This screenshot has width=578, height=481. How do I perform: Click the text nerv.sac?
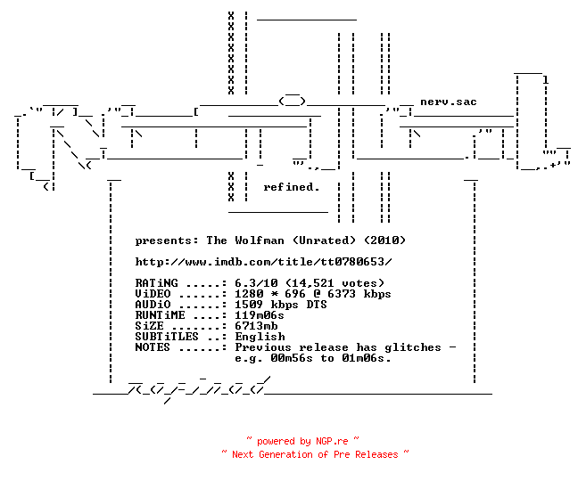coord(449,102)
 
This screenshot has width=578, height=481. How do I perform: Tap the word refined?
coord(291,187)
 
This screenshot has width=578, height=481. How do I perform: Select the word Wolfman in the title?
coord(260,240)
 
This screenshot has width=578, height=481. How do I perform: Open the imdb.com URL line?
coord(263,262)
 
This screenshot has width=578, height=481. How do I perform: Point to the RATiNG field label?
coord(156,283)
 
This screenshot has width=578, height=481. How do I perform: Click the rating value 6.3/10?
coord(256,283)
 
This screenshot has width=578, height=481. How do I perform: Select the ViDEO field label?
coord(153,294)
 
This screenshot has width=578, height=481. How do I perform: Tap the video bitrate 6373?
coord(342,294)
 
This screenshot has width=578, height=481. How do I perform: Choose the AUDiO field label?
coord(153,305)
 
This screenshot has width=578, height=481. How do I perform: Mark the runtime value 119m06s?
coord(260,315)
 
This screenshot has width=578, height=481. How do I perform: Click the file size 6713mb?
coord(256,326)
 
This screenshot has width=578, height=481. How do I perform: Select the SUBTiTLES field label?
coord(167,337)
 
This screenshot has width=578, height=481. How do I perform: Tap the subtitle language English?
coord(260,337)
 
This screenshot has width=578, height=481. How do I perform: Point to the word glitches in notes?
coord(413,347)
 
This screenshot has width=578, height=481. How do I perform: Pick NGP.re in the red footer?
coord(332,441)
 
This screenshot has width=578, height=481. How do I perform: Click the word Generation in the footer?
coord(285,454)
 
